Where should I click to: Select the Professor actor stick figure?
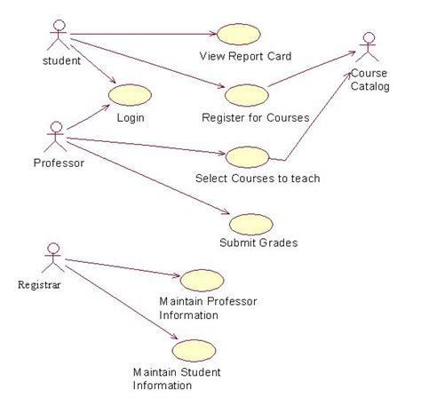coord(56,139)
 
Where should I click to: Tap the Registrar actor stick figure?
coord(53,258)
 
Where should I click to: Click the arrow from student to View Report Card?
coord(142,36)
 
